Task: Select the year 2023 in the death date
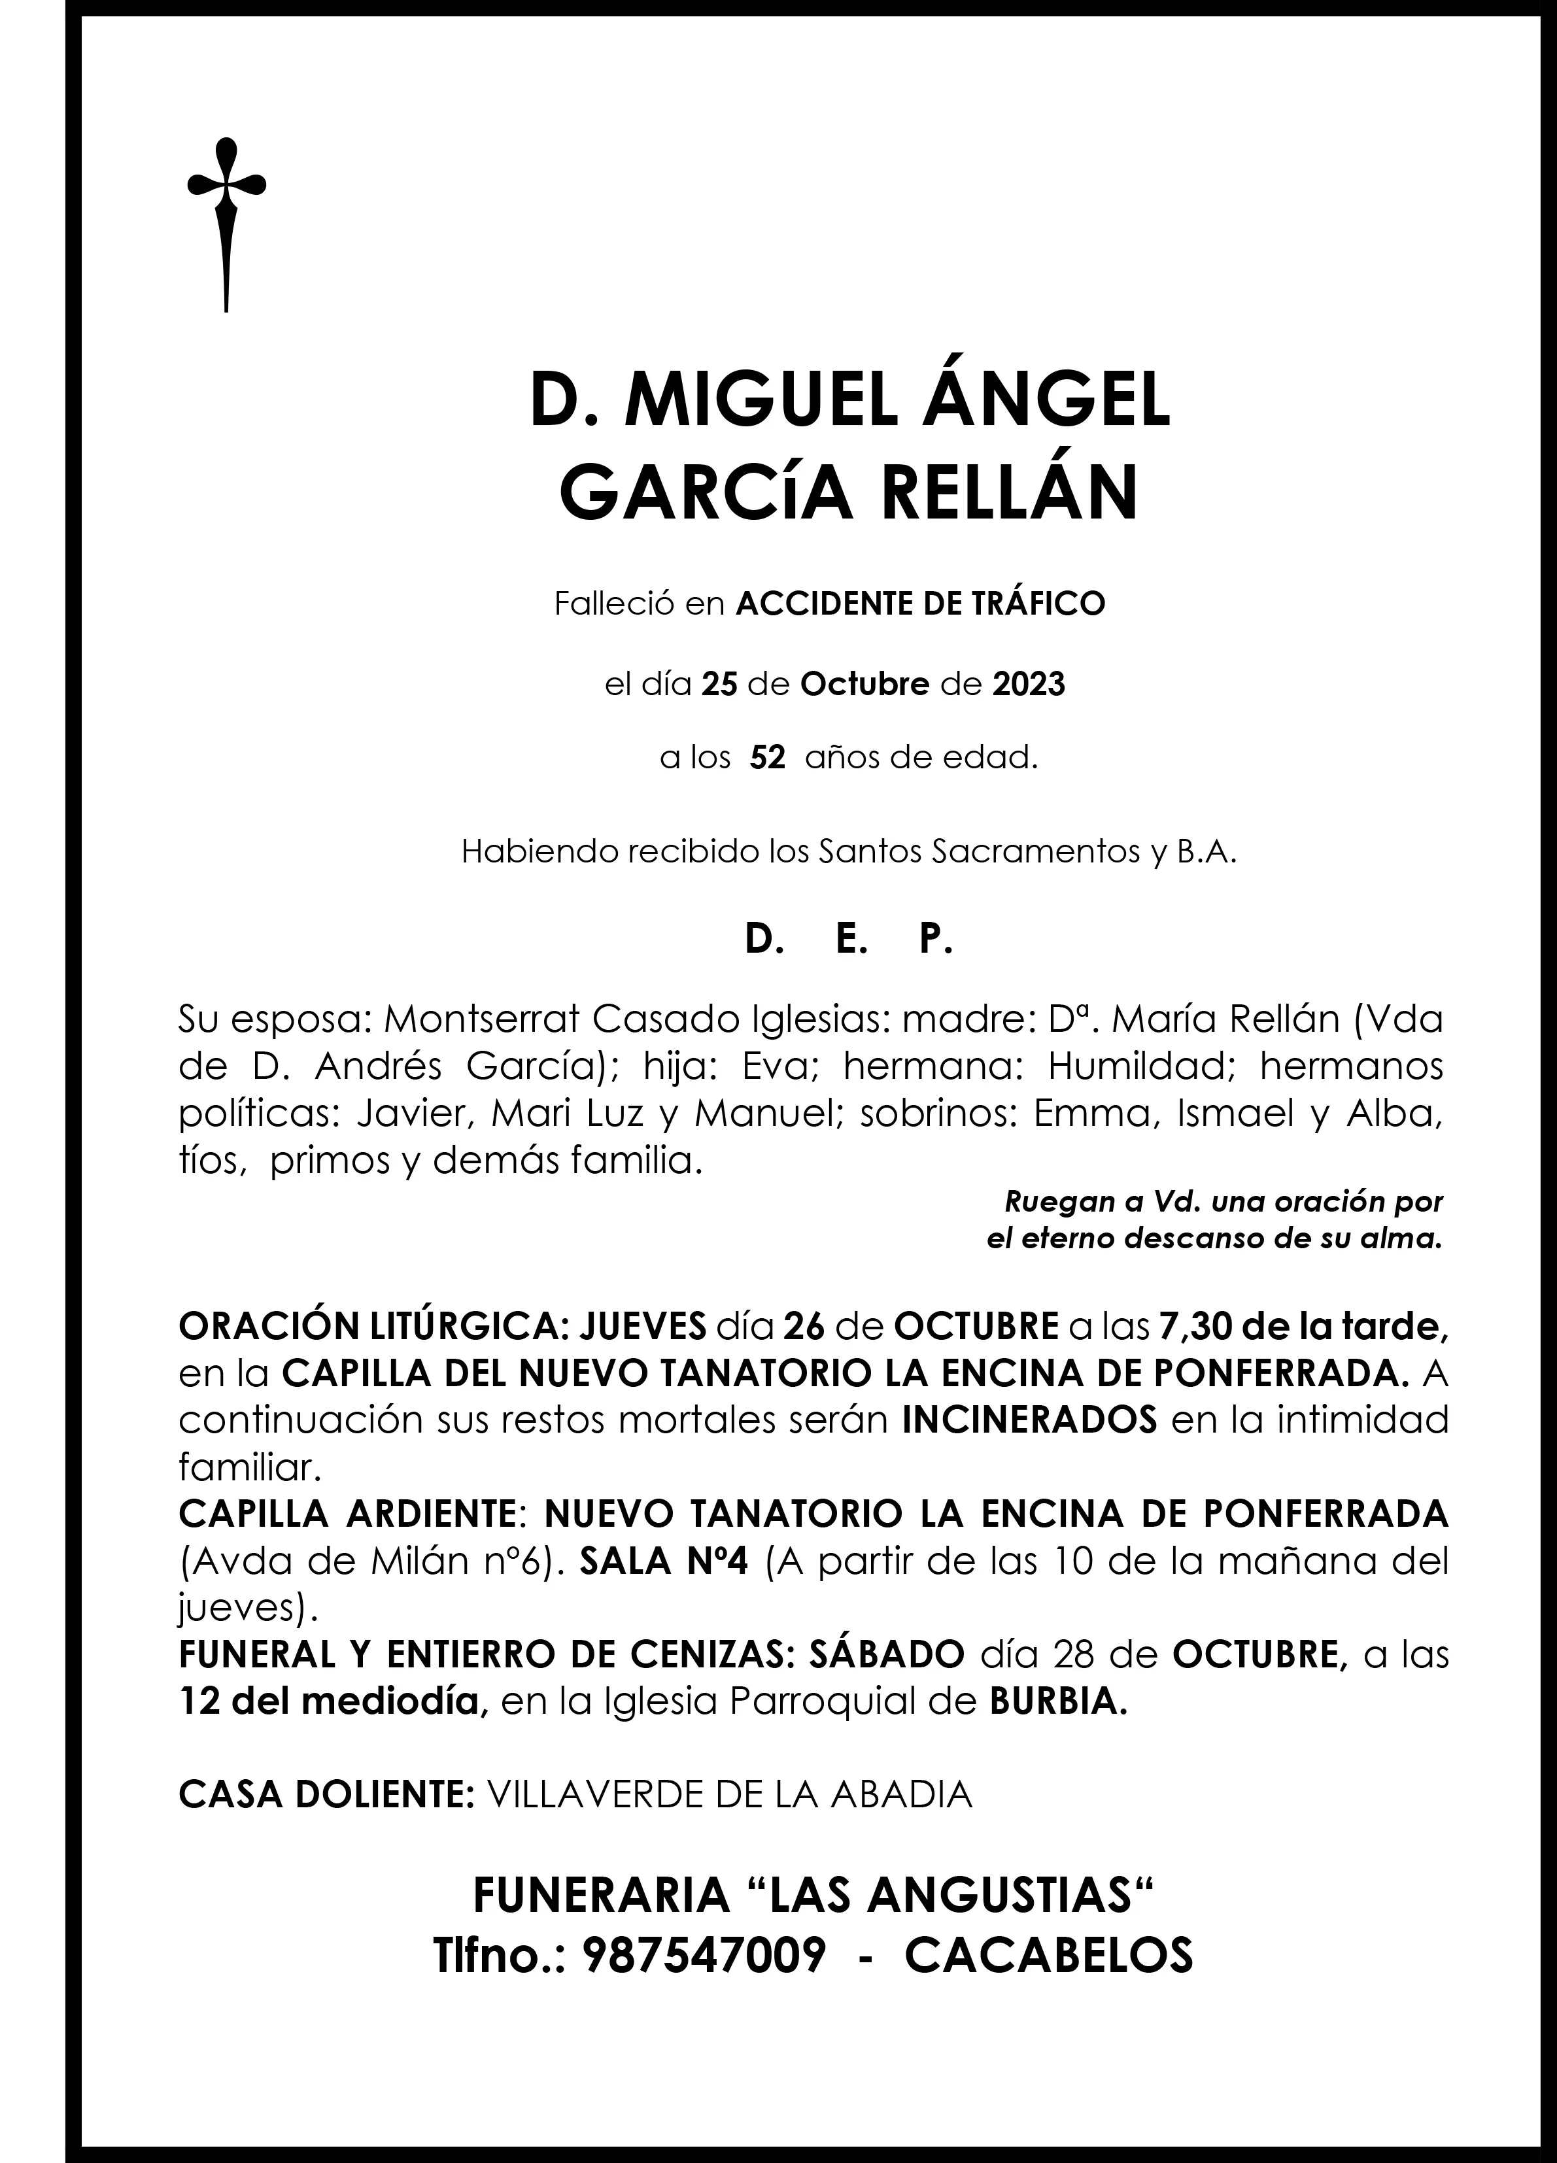coord(1029,685)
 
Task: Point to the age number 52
coord(767,759)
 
